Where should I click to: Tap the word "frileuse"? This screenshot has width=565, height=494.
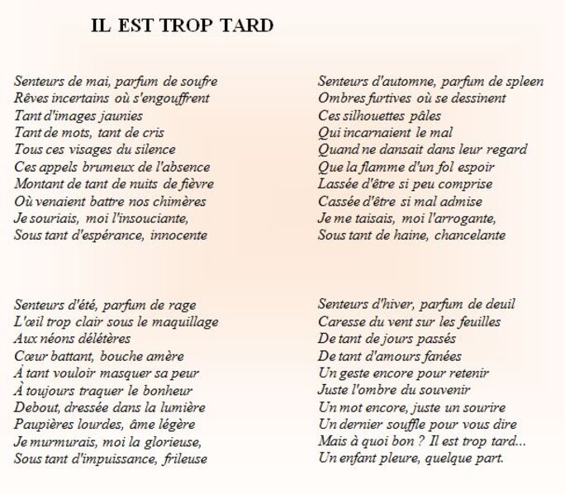(x=185, y=458)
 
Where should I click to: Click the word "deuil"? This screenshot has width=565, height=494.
(x=485, y=304)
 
